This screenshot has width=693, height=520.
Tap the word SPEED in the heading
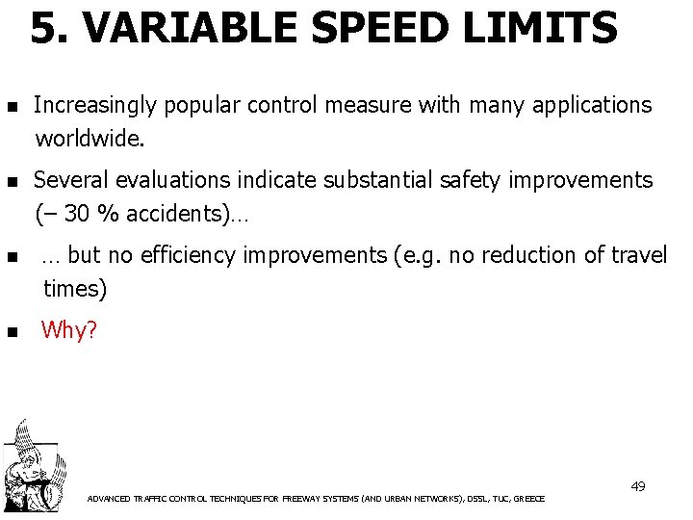(x=372, y=29)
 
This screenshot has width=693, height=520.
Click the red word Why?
(x=68, y=330)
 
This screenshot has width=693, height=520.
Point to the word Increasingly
(x=94, y=105)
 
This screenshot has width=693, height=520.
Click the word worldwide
(x=90, y=140)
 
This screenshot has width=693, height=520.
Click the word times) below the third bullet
(x=75, y=289)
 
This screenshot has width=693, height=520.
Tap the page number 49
(x=637, y=486)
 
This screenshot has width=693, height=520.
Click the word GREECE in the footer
(x=529, y=499)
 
